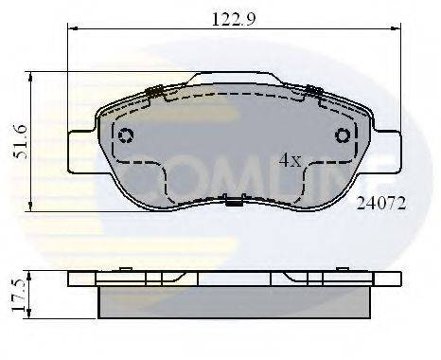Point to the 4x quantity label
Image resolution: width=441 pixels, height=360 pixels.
[290, 160]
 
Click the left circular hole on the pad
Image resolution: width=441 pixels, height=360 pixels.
[127, 135]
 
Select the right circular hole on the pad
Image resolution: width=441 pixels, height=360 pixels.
[343, 135]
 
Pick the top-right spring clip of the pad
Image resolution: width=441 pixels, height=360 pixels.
[310, 92]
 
